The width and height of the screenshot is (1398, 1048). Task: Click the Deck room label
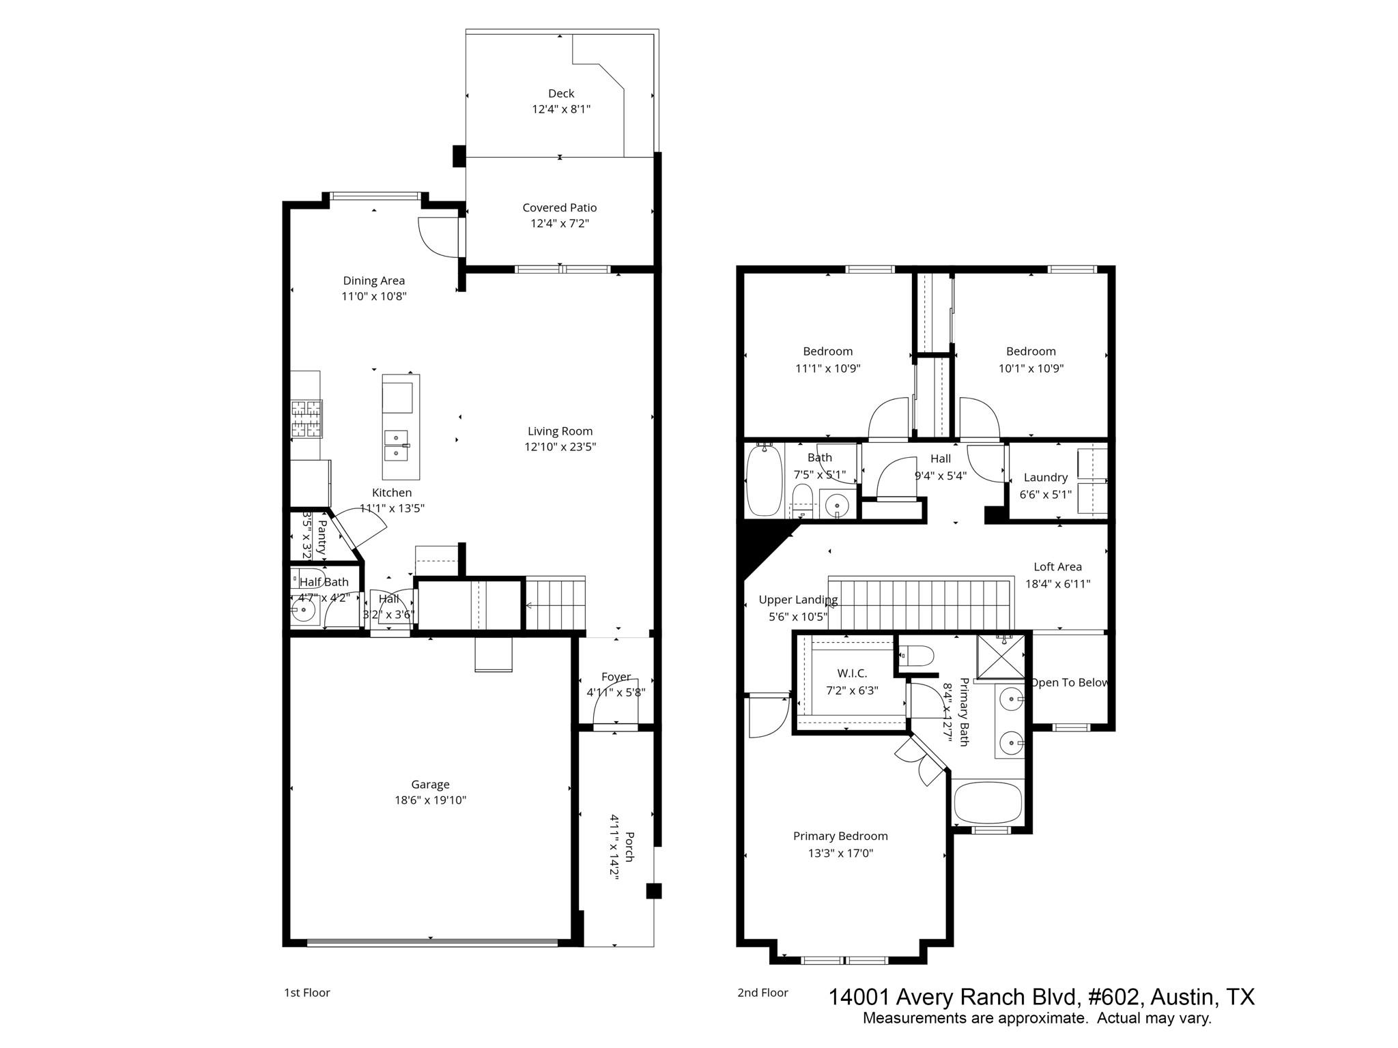tap(561, 93)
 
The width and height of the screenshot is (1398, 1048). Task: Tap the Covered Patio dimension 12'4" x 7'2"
tap(560, 224)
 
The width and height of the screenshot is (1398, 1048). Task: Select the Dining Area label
tap(373, 280)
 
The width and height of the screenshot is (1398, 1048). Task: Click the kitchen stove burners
tap(306, 418)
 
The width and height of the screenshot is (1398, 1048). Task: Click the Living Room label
tap(560, 431)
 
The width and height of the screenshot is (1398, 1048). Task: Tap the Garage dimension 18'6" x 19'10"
tap(430, 800)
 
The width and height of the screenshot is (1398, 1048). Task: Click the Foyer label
tap(616, 677)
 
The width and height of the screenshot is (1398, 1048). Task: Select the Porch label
tap(629, 846)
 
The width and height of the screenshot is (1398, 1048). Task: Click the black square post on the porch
tap(654, 891)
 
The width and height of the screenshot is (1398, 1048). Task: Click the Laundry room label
tap(1045, 478)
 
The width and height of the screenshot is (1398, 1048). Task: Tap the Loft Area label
tap(1057, 566)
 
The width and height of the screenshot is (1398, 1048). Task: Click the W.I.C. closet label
tap(852, 673)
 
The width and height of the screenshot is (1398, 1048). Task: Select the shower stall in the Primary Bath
tap(1000, 658)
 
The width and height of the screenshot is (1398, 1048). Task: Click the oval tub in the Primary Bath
tap(988, 803)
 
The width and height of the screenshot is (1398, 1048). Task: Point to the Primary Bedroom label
tap(840, 836)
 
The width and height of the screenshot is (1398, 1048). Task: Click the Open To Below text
tap(1069, 682)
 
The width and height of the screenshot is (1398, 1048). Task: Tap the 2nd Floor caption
tap(762, 993)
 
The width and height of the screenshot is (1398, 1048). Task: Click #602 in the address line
tap(1113, 997)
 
